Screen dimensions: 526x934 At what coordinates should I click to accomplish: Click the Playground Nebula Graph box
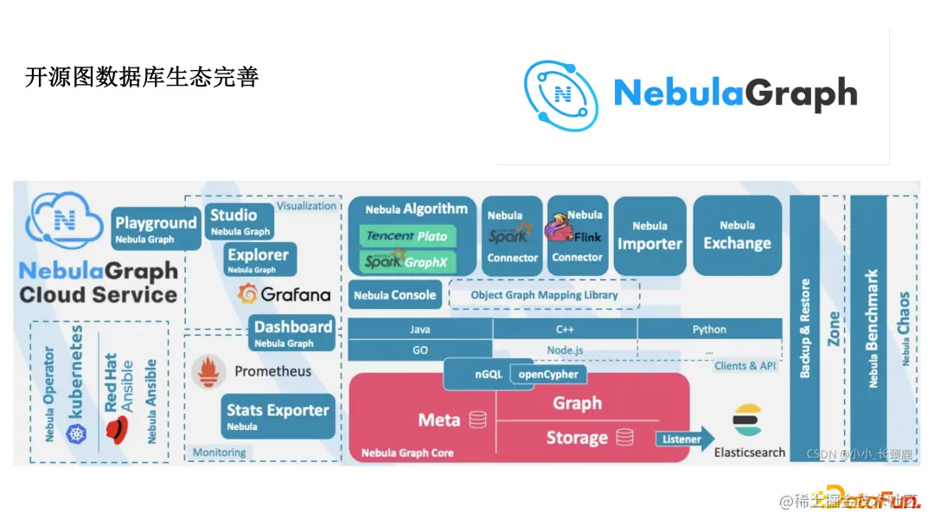156,228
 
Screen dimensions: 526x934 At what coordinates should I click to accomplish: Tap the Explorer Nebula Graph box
259,260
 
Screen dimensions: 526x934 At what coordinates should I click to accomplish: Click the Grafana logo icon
248,294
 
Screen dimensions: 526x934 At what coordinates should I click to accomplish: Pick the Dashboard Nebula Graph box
293,332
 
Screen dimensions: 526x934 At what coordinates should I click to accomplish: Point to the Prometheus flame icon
208,371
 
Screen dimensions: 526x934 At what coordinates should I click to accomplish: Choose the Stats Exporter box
278,415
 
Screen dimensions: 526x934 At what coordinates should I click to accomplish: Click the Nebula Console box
394,295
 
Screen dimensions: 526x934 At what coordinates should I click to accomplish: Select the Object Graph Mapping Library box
544,295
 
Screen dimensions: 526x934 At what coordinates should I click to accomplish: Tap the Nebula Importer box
649,235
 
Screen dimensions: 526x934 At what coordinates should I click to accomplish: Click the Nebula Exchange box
737,235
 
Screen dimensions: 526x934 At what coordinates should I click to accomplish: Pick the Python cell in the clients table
709,330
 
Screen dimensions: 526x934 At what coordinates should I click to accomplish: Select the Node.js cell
565,350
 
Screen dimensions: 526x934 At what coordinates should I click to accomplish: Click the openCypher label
548,375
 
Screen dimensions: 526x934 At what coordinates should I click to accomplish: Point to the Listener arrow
684,439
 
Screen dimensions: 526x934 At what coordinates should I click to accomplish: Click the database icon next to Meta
477,420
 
